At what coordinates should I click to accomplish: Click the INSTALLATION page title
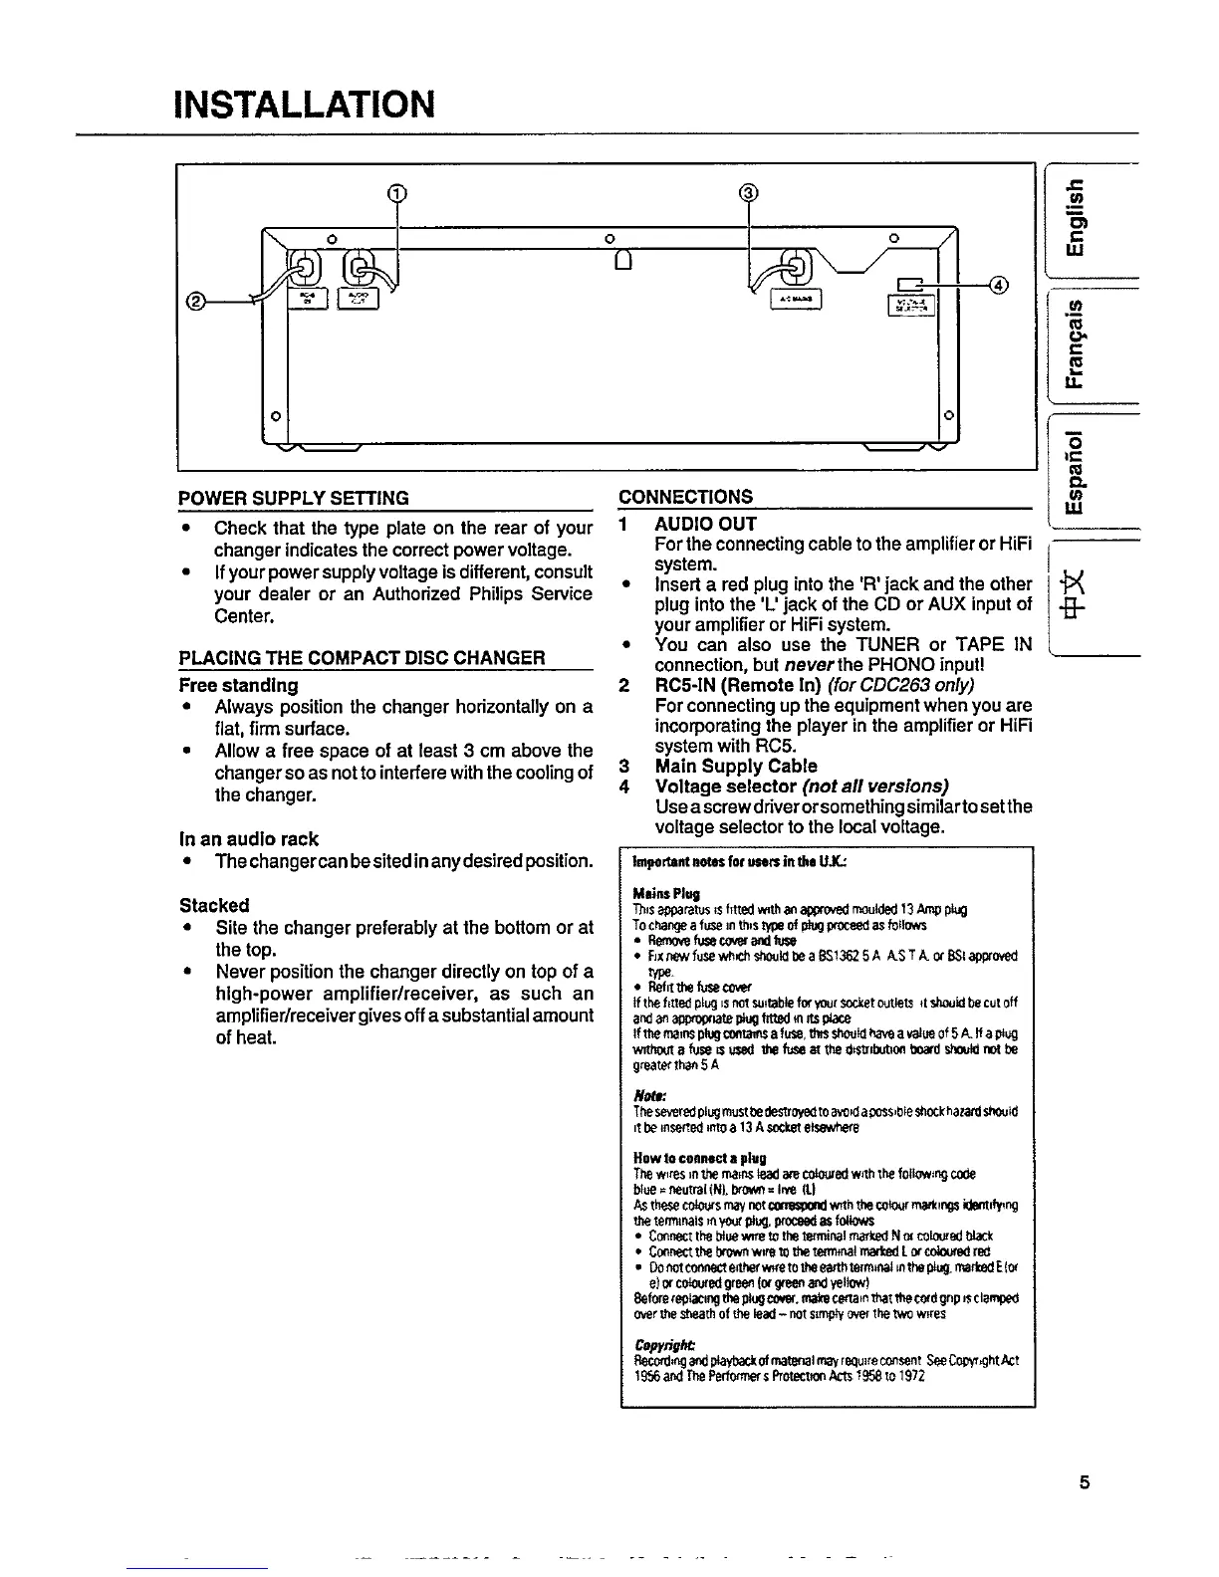point(303,103)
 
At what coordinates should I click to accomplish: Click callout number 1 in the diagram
point(396,192)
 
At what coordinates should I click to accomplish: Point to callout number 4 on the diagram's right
point(997,286)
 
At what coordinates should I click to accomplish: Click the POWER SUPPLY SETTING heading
point(294,498)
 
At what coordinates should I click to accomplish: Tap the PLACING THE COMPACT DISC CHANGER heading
point(363,658)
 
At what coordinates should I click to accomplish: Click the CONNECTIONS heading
point(686,498)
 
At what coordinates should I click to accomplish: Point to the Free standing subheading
point(238,685)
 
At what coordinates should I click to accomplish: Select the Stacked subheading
point(214,905)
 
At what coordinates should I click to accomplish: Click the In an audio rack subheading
point(249,839)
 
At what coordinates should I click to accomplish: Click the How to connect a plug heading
point(699,1159)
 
